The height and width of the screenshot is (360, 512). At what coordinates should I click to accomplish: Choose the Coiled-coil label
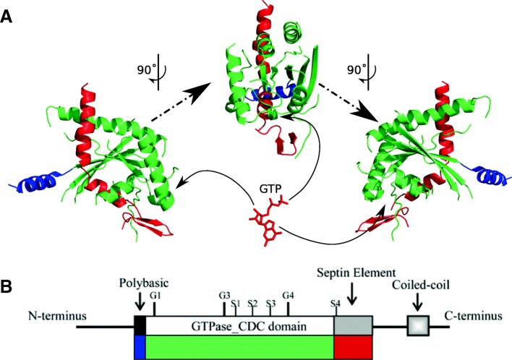pos(419,284)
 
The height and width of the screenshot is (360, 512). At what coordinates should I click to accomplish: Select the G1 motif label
pos(154,296)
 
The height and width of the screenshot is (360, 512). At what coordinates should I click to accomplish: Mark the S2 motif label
pos(252,303)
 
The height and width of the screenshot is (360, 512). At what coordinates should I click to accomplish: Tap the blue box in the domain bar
pos(140,347)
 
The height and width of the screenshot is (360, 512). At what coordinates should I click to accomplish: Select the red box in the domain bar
pos(353,347)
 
